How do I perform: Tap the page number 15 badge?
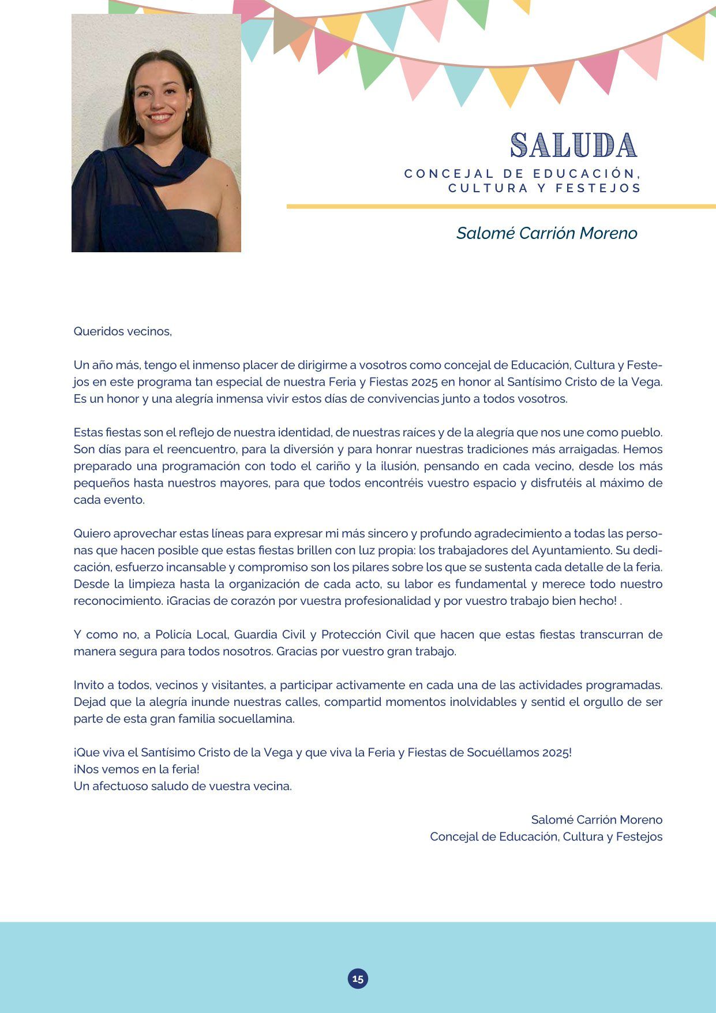tap(358, 978)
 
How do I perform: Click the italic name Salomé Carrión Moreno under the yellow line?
tap(546, 233)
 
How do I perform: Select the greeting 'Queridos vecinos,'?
tap(123, 331)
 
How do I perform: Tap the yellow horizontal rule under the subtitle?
tap(501, 206)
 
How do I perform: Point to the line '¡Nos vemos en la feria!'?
tap(137, 769)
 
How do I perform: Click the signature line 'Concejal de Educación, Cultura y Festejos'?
tap(546, 836)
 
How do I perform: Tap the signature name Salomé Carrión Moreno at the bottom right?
tap(597, 820)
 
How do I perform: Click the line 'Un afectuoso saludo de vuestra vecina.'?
tap(183, 786)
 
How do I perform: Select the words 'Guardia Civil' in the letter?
tap(269, 634)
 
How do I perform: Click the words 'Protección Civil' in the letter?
tap(365, 634)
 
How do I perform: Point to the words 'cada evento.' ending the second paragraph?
tap(109, 499)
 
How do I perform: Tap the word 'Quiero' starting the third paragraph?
tap(92, 533)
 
